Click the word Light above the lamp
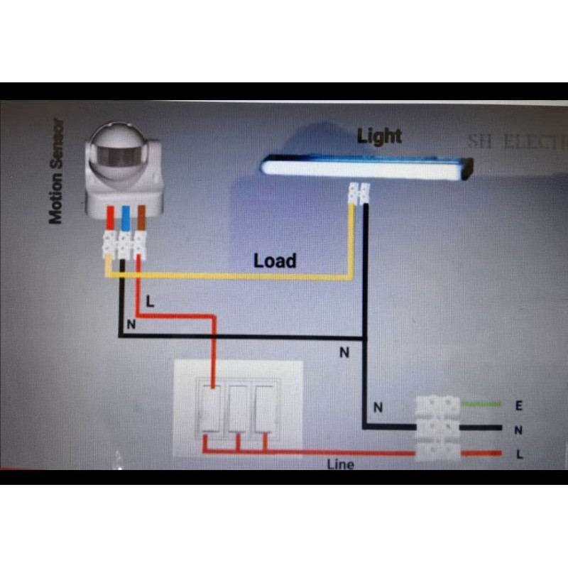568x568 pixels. pos(379,136)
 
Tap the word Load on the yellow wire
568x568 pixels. pos(275,261)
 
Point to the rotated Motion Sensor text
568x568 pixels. pos(57,170)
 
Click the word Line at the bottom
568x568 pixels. pos(341,465)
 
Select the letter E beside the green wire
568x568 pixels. pos(519,406)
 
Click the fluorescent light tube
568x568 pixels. pos(366,168)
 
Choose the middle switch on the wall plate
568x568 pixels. pos(238,408)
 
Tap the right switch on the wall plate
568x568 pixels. pos(264,408)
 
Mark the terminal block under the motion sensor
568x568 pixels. pos(125,244)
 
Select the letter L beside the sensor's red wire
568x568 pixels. pos(150,301)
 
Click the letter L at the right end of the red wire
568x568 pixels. pos(519,454)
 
